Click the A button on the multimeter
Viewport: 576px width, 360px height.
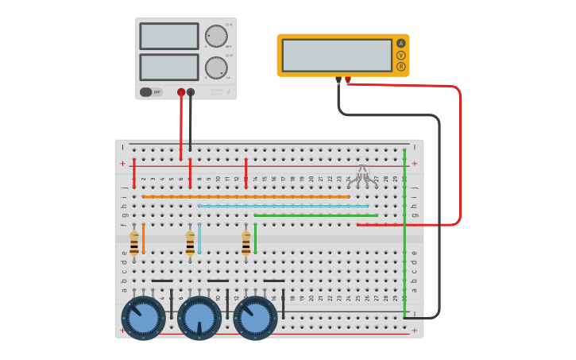tap(400, 43)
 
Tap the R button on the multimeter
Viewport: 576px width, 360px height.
tap(400, 67)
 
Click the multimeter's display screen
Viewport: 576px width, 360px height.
tap(337, 55)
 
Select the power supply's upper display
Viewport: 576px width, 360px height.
tap(169, 36)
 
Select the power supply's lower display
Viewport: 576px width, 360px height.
tap(169, 67)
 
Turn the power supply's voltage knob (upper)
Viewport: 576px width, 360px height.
tap(216, 36)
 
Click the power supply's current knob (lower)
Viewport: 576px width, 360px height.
tap(216, 68)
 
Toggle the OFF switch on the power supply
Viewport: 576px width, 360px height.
tap(147, 92)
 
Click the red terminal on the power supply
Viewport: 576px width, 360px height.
tap(181, 92)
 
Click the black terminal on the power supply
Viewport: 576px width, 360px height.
tap(191, 92)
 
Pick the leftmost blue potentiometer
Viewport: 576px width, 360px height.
tap(144, 317)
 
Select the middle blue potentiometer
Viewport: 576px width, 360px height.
tap(199, 317)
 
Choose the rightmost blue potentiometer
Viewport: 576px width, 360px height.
tap(255, 317)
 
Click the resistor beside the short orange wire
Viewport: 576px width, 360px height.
tap(134, 242)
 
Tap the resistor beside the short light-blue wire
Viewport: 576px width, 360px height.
tap(190, 242)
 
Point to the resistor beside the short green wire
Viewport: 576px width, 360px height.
tap(246, 242)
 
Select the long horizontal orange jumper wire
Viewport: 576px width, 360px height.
tap(246, 196)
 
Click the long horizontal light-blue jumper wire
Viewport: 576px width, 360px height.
tap(283, 206)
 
